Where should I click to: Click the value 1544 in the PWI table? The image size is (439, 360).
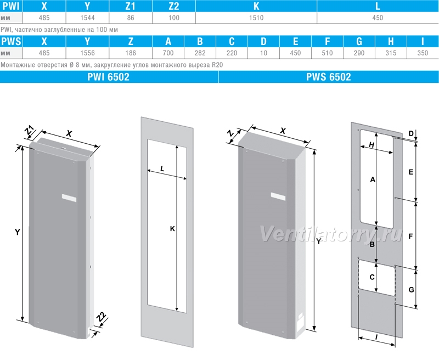(x=87, y=18)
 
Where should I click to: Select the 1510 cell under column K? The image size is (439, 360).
(x=256, y=18)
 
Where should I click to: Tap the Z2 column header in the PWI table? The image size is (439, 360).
(x=174, y=6)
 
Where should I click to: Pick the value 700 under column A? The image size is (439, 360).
(x=168, y=53)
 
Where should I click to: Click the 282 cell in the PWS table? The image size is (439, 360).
(x=200, y=53)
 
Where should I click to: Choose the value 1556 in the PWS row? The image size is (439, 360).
(x=87, y=53)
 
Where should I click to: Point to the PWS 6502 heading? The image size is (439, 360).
(x=328, y=77)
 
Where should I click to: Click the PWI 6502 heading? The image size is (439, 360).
(x=108, y=77)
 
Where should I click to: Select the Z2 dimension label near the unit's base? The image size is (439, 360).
(x=101, y=317)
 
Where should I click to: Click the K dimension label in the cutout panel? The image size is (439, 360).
(x=172, y=229)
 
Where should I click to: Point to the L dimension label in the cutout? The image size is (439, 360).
(x=162, y=169)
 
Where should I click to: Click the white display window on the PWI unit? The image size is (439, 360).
(x=69, y=198)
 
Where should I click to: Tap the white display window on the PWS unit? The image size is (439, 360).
(x=278, y=196)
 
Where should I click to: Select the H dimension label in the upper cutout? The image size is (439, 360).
(x=372, y=145)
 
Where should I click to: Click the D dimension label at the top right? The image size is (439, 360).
(x=410, y=133)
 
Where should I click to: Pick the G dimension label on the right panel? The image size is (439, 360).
(x=411, y=290)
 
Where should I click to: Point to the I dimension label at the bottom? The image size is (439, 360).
(x=376, y=337)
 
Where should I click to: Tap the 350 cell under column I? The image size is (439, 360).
(x=423, y=53)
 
